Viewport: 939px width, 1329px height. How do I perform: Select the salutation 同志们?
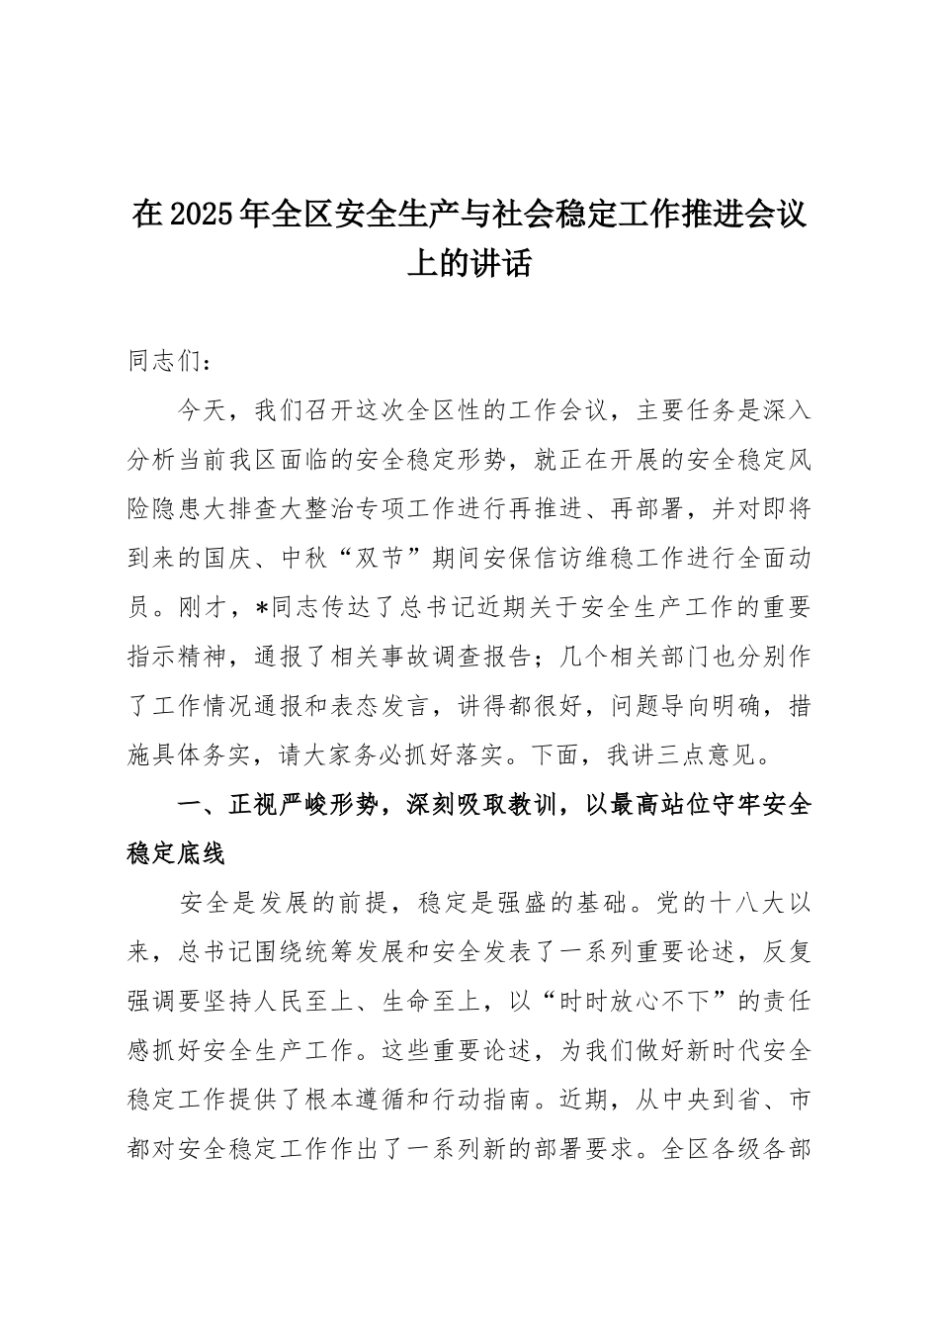point(154,361)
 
